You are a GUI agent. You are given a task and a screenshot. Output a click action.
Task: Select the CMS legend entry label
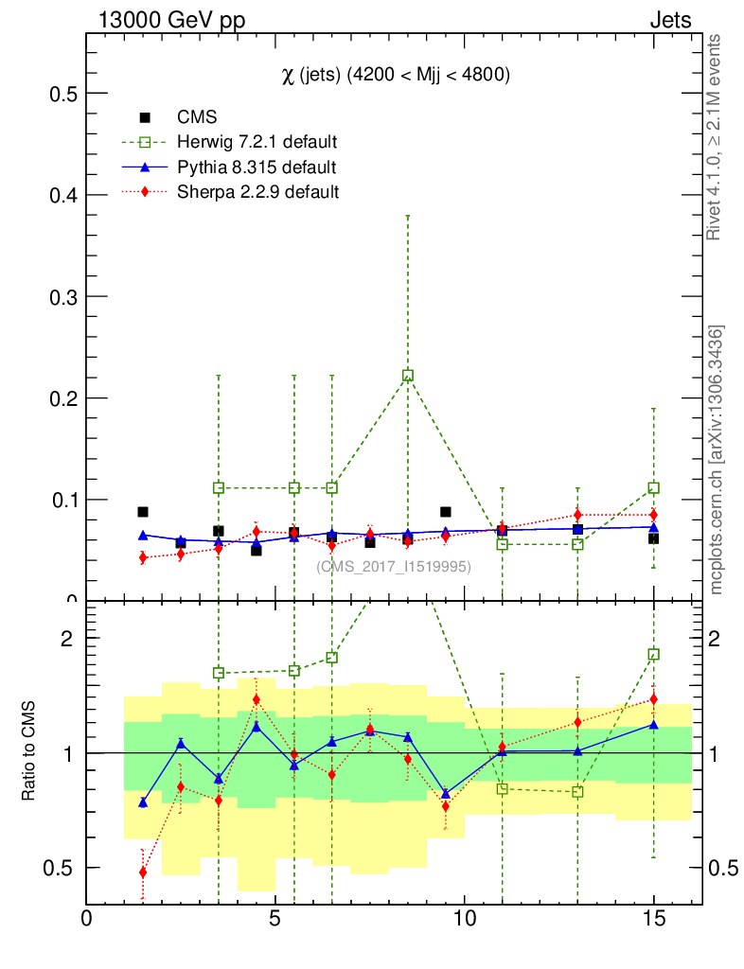tap(197, 117)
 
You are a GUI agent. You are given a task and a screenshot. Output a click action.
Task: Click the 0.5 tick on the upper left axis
tap(62, 94)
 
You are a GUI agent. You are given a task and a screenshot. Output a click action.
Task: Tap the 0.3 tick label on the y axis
tap(62, 297)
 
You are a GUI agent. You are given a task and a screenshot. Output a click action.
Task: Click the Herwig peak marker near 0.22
tap(407, 376)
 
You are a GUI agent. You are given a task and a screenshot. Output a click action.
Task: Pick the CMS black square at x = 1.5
tap(143, 512)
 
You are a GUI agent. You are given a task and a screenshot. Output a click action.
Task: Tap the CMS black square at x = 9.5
tap(445, 512)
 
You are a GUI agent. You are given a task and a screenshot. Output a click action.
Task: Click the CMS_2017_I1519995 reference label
tap(393, 566)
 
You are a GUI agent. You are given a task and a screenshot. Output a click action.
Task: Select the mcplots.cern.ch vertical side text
tap(717, 459)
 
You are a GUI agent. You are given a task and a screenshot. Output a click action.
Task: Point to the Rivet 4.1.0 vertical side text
tap(717, 137)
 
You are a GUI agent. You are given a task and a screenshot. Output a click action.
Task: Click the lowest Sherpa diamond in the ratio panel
tap(143, 872)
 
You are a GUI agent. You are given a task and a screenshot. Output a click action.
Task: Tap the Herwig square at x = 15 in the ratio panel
tap(653, 654)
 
